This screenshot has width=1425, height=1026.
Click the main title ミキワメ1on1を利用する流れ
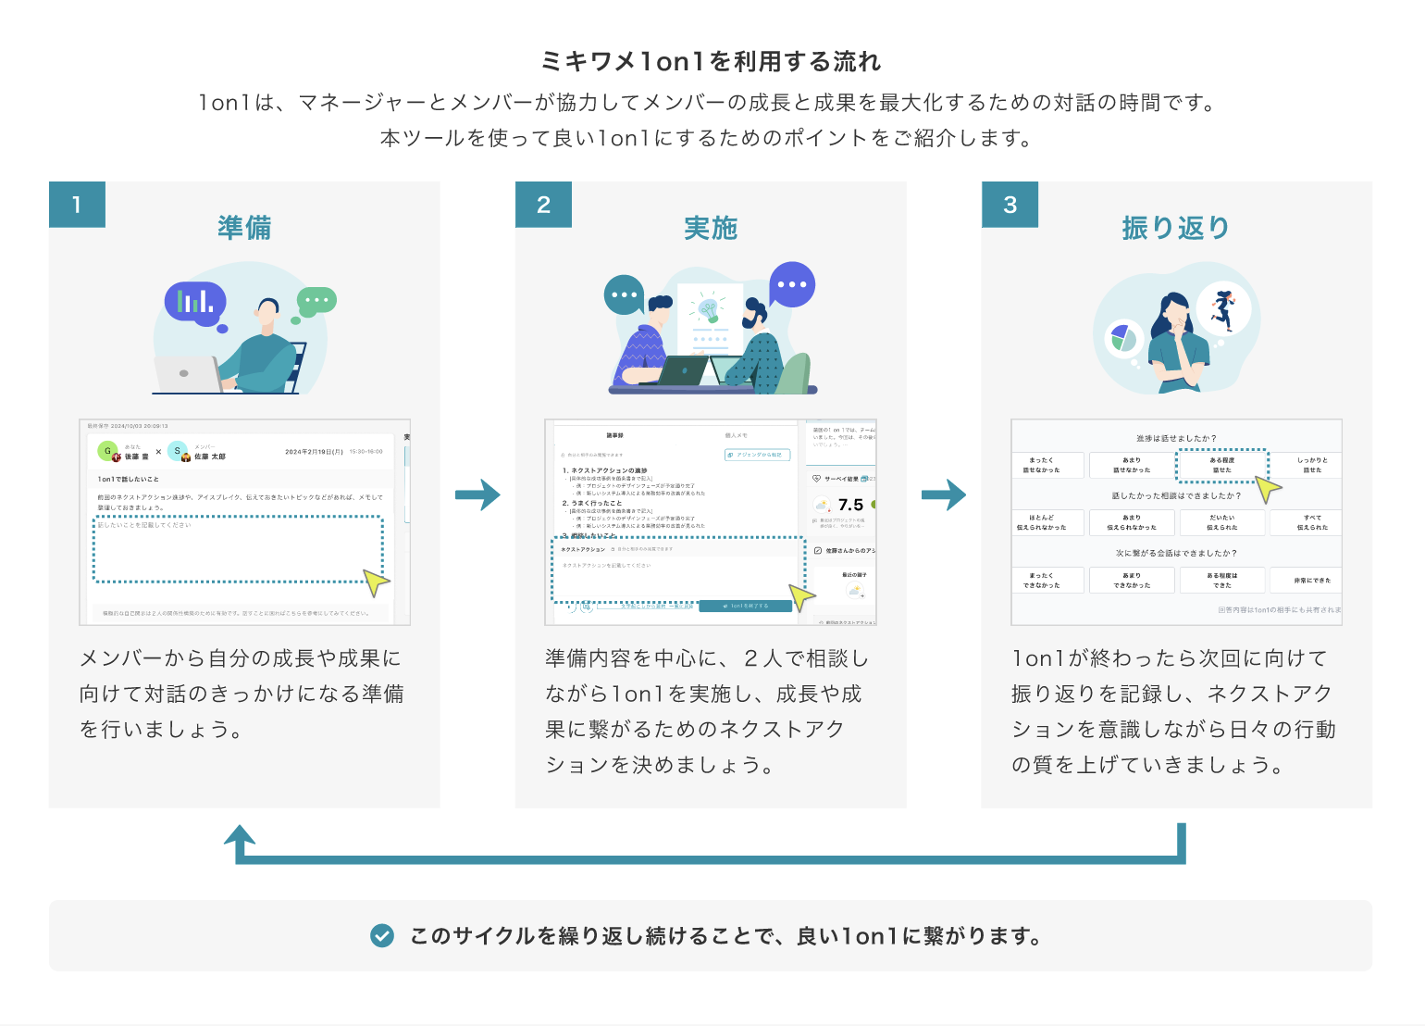[711, 62]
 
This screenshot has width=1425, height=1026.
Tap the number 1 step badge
[77, 205]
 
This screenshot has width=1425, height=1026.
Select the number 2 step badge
[543, 205]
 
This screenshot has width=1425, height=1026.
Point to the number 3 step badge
[1010, 205]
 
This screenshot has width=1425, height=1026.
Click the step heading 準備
[244, 228]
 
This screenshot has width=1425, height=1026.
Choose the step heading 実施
[711, 228]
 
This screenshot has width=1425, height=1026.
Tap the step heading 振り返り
[1176, 228]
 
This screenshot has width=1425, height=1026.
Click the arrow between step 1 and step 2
[477, 494]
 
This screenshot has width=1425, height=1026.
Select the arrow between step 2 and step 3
[944, 494]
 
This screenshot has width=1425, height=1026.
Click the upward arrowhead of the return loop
[240, 836]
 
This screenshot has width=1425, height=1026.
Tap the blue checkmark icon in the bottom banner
[382, 936]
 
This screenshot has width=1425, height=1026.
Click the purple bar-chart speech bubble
[195, 300]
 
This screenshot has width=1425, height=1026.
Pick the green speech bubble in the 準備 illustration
[316, 301]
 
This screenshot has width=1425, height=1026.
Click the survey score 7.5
[850, 505]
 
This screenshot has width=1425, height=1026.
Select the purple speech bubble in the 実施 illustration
[792, 284]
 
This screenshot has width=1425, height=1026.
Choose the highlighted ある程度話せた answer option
[1221, 465]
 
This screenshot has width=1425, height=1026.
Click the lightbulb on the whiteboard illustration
[709, 309]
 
